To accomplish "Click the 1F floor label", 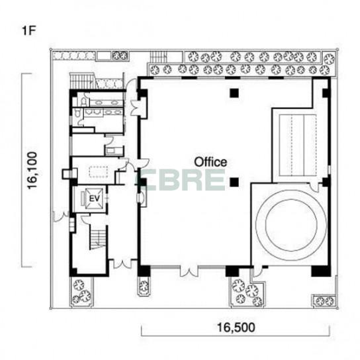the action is coord(28,30).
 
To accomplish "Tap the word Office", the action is coord(210,162).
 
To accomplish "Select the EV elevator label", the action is coord(94,199).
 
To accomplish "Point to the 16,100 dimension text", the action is coord(32,171).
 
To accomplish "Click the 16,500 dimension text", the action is coord(236,328).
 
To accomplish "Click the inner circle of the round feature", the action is coord(291,225).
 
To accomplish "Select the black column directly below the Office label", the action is coord(234,182).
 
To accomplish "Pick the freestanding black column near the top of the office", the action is coord(234,93).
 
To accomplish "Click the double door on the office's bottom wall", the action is coord(189,271).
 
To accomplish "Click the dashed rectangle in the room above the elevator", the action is coord(99,172).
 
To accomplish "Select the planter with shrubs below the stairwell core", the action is coord(81,292).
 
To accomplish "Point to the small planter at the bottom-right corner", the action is coord(324,301).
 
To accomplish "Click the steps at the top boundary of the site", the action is coord(158,57).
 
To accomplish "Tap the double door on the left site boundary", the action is coord(61,216).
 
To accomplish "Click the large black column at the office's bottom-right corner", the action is coord(320,271).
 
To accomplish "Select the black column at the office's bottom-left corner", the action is coord(144,271).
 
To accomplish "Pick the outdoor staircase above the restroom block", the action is coord(82,81).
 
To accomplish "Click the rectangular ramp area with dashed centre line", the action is coord(298,145).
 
